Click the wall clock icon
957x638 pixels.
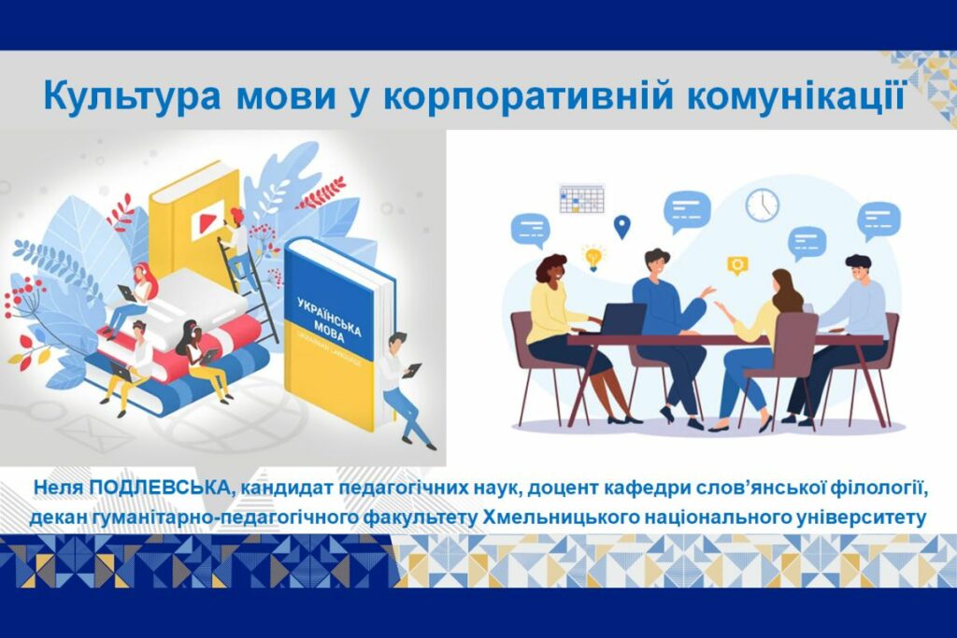763,205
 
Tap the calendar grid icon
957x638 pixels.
581,198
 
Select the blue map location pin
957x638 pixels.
621,227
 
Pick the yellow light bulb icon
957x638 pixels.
593,258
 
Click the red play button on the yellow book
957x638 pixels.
203,222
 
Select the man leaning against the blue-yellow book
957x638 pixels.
404,389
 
